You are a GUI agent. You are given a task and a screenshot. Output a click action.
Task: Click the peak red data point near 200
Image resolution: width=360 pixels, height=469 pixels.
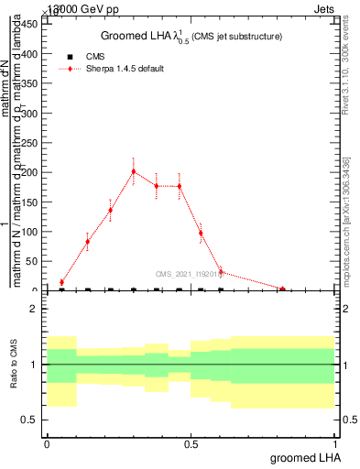tap(133, 171)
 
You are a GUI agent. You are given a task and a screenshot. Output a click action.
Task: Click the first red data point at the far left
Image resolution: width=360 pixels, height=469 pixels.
tap(61, 282)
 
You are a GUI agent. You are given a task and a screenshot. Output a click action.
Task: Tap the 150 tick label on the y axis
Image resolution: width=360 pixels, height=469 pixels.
tap(32, 202)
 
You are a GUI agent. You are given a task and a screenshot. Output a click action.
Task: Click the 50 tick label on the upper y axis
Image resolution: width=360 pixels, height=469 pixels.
tap(35, 261)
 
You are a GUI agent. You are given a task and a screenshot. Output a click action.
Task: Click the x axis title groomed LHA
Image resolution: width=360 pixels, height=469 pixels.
tap(304, 457)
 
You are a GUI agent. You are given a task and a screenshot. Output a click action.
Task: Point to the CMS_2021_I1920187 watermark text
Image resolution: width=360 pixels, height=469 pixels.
tap(189, 272)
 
